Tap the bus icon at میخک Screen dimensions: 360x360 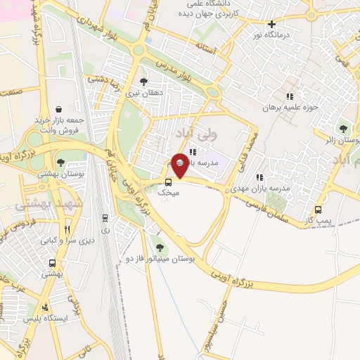167,181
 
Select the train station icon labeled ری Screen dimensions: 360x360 105,218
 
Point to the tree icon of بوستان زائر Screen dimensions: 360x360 342,128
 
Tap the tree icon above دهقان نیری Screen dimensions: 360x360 143,81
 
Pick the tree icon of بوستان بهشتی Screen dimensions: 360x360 60,162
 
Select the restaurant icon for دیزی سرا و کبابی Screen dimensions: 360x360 67,229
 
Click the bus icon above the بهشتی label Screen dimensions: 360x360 53,264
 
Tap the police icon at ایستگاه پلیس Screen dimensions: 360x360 46,307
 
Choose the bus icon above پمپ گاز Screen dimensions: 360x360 319,210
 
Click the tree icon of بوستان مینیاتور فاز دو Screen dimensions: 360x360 160,247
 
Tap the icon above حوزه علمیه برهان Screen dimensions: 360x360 289,96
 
